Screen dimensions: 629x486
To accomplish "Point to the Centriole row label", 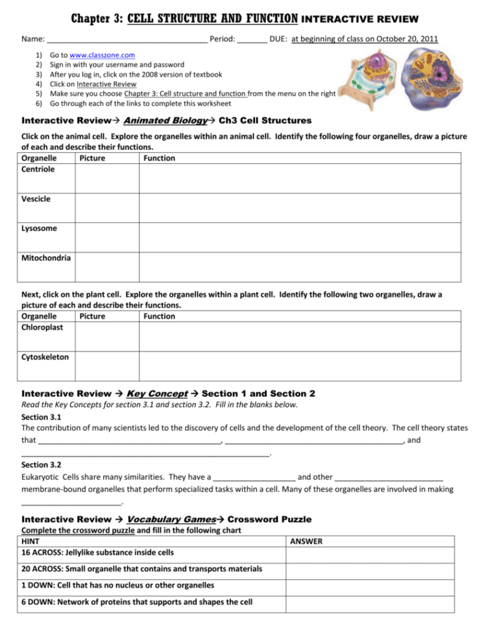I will [x=38, y=169].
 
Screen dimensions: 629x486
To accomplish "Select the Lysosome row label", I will [x=39, y=228].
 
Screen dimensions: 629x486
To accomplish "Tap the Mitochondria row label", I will [x=46, y=258].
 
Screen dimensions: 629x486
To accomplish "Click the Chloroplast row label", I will [x=42, y=327].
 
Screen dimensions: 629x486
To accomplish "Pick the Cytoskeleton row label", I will [x=45, y=357].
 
